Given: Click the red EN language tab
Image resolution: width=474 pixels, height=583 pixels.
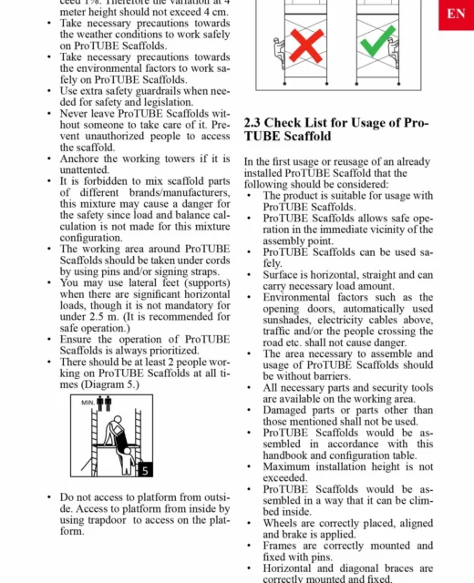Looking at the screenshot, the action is point(456,15).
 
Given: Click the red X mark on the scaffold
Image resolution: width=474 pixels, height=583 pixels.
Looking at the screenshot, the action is point(306,46).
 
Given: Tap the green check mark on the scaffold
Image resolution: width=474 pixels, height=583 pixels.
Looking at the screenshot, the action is point(377,41).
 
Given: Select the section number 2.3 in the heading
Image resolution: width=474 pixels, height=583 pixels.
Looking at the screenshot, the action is point(252,123).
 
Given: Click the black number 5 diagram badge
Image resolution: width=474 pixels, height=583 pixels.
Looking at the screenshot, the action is point(146,470).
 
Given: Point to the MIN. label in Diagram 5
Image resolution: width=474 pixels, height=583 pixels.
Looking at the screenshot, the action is point(88,403).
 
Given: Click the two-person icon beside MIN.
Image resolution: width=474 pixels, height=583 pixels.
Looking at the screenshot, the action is point(104,404).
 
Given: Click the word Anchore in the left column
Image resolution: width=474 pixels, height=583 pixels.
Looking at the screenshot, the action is point(80,159).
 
